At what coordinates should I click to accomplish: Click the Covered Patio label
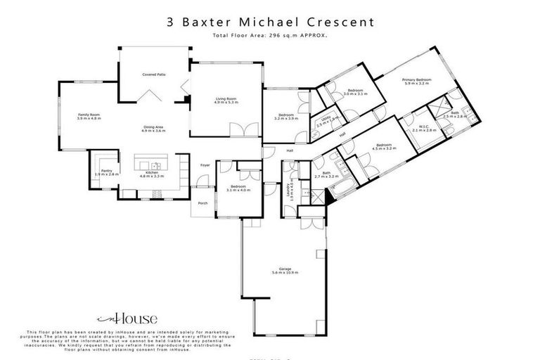click(x=153, y=73)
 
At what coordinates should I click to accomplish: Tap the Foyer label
click(x=205, y=165)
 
